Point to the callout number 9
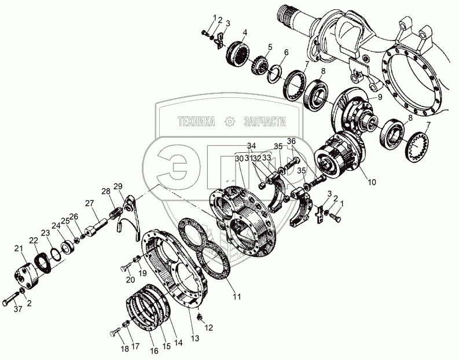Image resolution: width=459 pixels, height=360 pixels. pos(380,97)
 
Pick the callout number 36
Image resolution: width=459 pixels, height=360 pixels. pos(291,141)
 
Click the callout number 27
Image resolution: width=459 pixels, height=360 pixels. pos(89,203)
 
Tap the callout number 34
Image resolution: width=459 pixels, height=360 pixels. pos(251,145)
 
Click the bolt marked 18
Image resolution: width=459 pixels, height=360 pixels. pos(116,334)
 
